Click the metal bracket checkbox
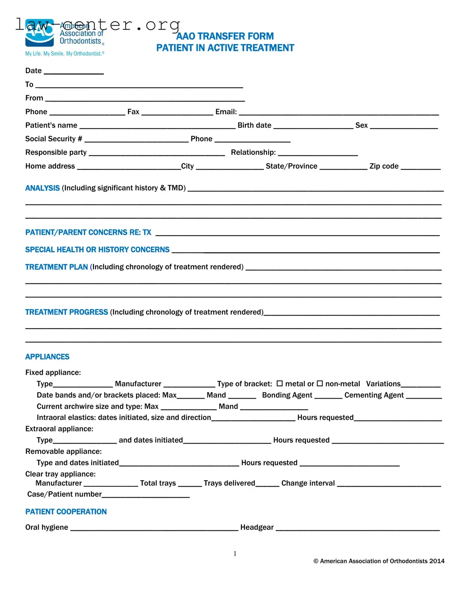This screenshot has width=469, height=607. coord(280,383)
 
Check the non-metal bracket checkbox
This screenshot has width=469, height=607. coord(320,383)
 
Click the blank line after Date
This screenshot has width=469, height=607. coord(74,72)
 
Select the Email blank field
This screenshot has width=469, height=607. coord(339,113)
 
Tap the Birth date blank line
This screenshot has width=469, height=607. coord(313,126)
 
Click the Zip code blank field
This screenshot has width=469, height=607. coord(421,167)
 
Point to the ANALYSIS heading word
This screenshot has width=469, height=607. coord(43,188)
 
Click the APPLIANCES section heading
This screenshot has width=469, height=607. coord(47,357)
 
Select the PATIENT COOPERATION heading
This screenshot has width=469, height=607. coord(66,512)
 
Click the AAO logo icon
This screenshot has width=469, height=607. coord(39,33)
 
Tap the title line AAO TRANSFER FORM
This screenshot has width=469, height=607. coord(225,36)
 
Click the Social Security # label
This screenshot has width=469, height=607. coord(54,139)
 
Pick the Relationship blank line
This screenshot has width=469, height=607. coord(318,154)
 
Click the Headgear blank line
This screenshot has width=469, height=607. coord(358,529)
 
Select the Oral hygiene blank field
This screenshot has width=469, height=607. coord(154,529)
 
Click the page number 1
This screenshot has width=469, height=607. coord(235,553)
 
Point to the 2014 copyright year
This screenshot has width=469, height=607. coord(437,561)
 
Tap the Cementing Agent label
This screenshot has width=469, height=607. coord(374,395)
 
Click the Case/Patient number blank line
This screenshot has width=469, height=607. coord(146,496)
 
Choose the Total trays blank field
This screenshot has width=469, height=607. coord(190,484)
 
